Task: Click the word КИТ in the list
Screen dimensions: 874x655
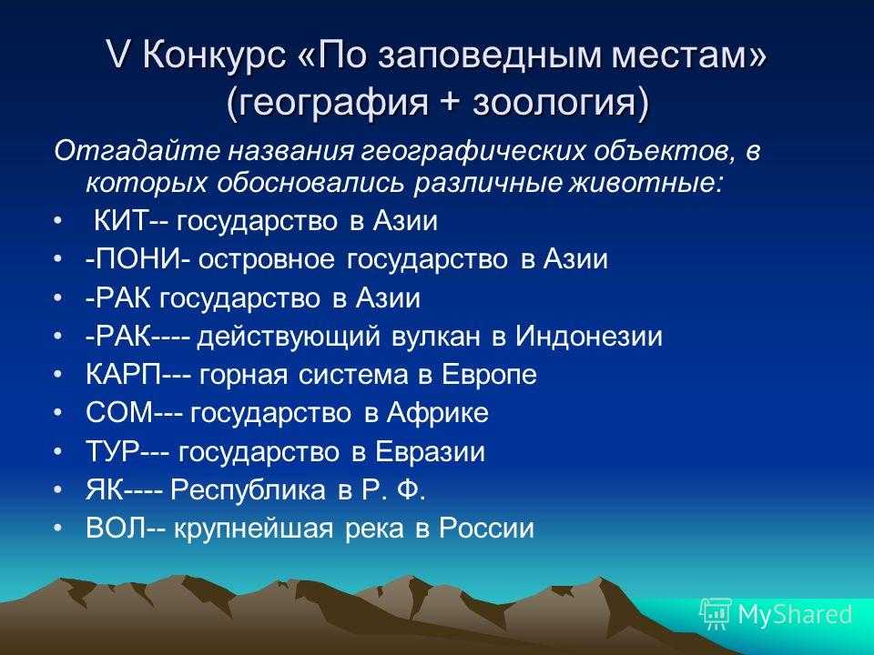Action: (x=120, y=220)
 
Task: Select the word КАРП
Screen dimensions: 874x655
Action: (x=123, y=374)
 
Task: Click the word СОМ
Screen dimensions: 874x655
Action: (x=119, y=413)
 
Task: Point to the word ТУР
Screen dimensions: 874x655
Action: (x=112, y=451)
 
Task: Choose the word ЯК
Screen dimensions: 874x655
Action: (x=104, y=489)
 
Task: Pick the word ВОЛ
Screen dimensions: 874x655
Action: (x=116, y=528)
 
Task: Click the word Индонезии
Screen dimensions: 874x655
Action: (x=589, y=337)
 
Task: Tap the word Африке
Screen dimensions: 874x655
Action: (x=438, y=413)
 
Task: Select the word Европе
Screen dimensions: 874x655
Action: (x=489, y=376)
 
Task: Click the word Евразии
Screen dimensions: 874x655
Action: (x=429, y=452)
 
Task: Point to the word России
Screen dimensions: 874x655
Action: (x=486, y=528)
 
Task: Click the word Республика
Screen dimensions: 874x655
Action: (x=248, y=490)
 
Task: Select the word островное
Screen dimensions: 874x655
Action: (x=267, y=260)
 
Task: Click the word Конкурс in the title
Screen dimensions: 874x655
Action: (x=214, y=55)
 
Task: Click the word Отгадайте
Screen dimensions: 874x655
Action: (x=137, y=152)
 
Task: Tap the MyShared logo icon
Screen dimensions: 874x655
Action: (x=716, y=614)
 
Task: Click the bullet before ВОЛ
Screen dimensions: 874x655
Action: (x=58, y=528)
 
